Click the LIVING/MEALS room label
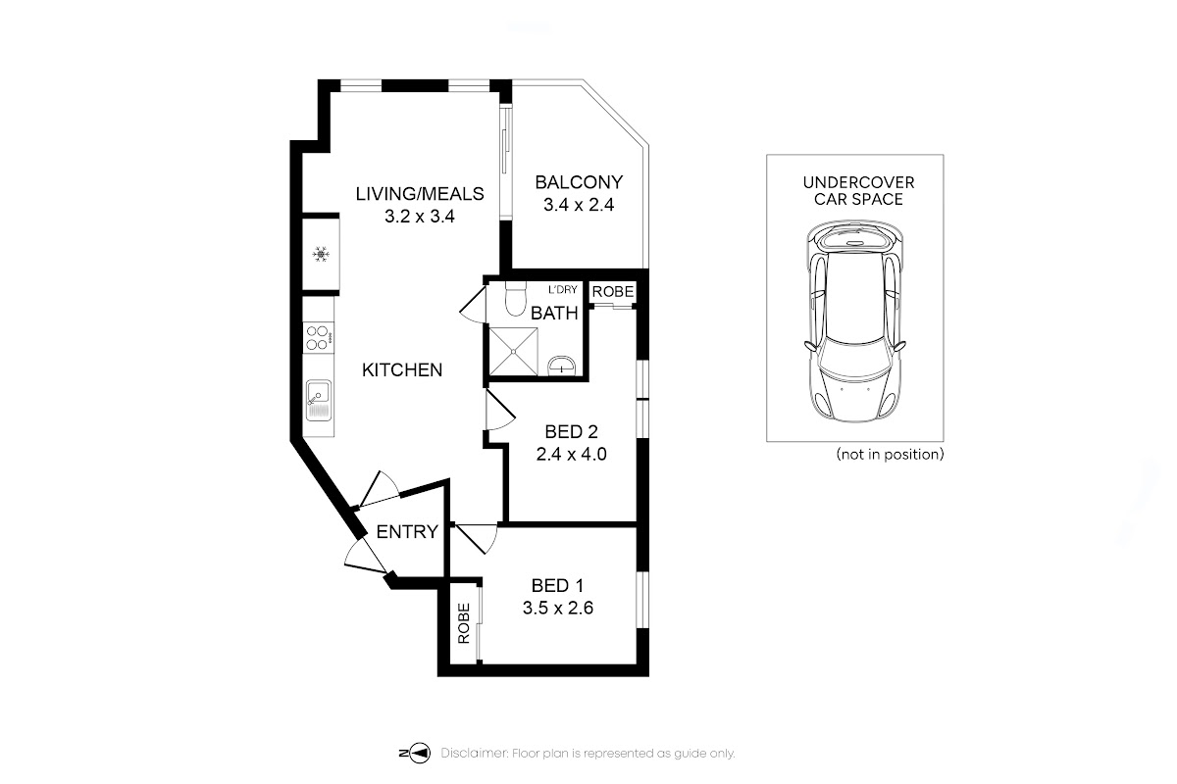pyautogui.click(x=420, y=194)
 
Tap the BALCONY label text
pyautogui.click(x=579, y=182)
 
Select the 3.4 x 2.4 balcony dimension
pyautogui.click(x=579, y=204)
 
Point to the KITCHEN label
pyautogui.click(x=402, y=370)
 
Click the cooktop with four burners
pyautogui.click(x=319, y=338)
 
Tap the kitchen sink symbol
pyautogui.click(x=319, y=400)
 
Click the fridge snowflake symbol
pyautogui.click(x=321, y=255)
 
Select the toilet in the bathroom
pyautogui.click(x=515, y=298)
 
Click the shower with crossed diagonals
pyautogui.click(x=513, y=351)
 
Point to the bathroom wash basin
pyautogui.click(x=562, y=366)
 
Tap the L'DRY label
pyautogui.click(x=563, y=289)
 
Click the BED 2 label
pyautogui.click(x=571, y=431)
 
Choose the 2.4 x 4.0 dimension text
pyautogui.click(x=571, y=454)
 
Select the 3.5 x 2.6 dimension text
pyautogui.click(x=557, y=608)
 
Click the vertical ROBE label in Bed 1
pyautogui.click(x=463, y=623)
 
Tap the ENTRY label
pyautogui.click(x=407, y=532)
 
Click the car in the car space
pyautogui.click(x=855, y=320)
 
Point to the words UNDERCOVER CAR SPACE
pyautogui.click(x=858, y=191)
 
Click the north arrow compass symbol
pyautogui.click(x=415, y=753)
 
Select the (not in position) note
pyautogui.click(x=891, y=454)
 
